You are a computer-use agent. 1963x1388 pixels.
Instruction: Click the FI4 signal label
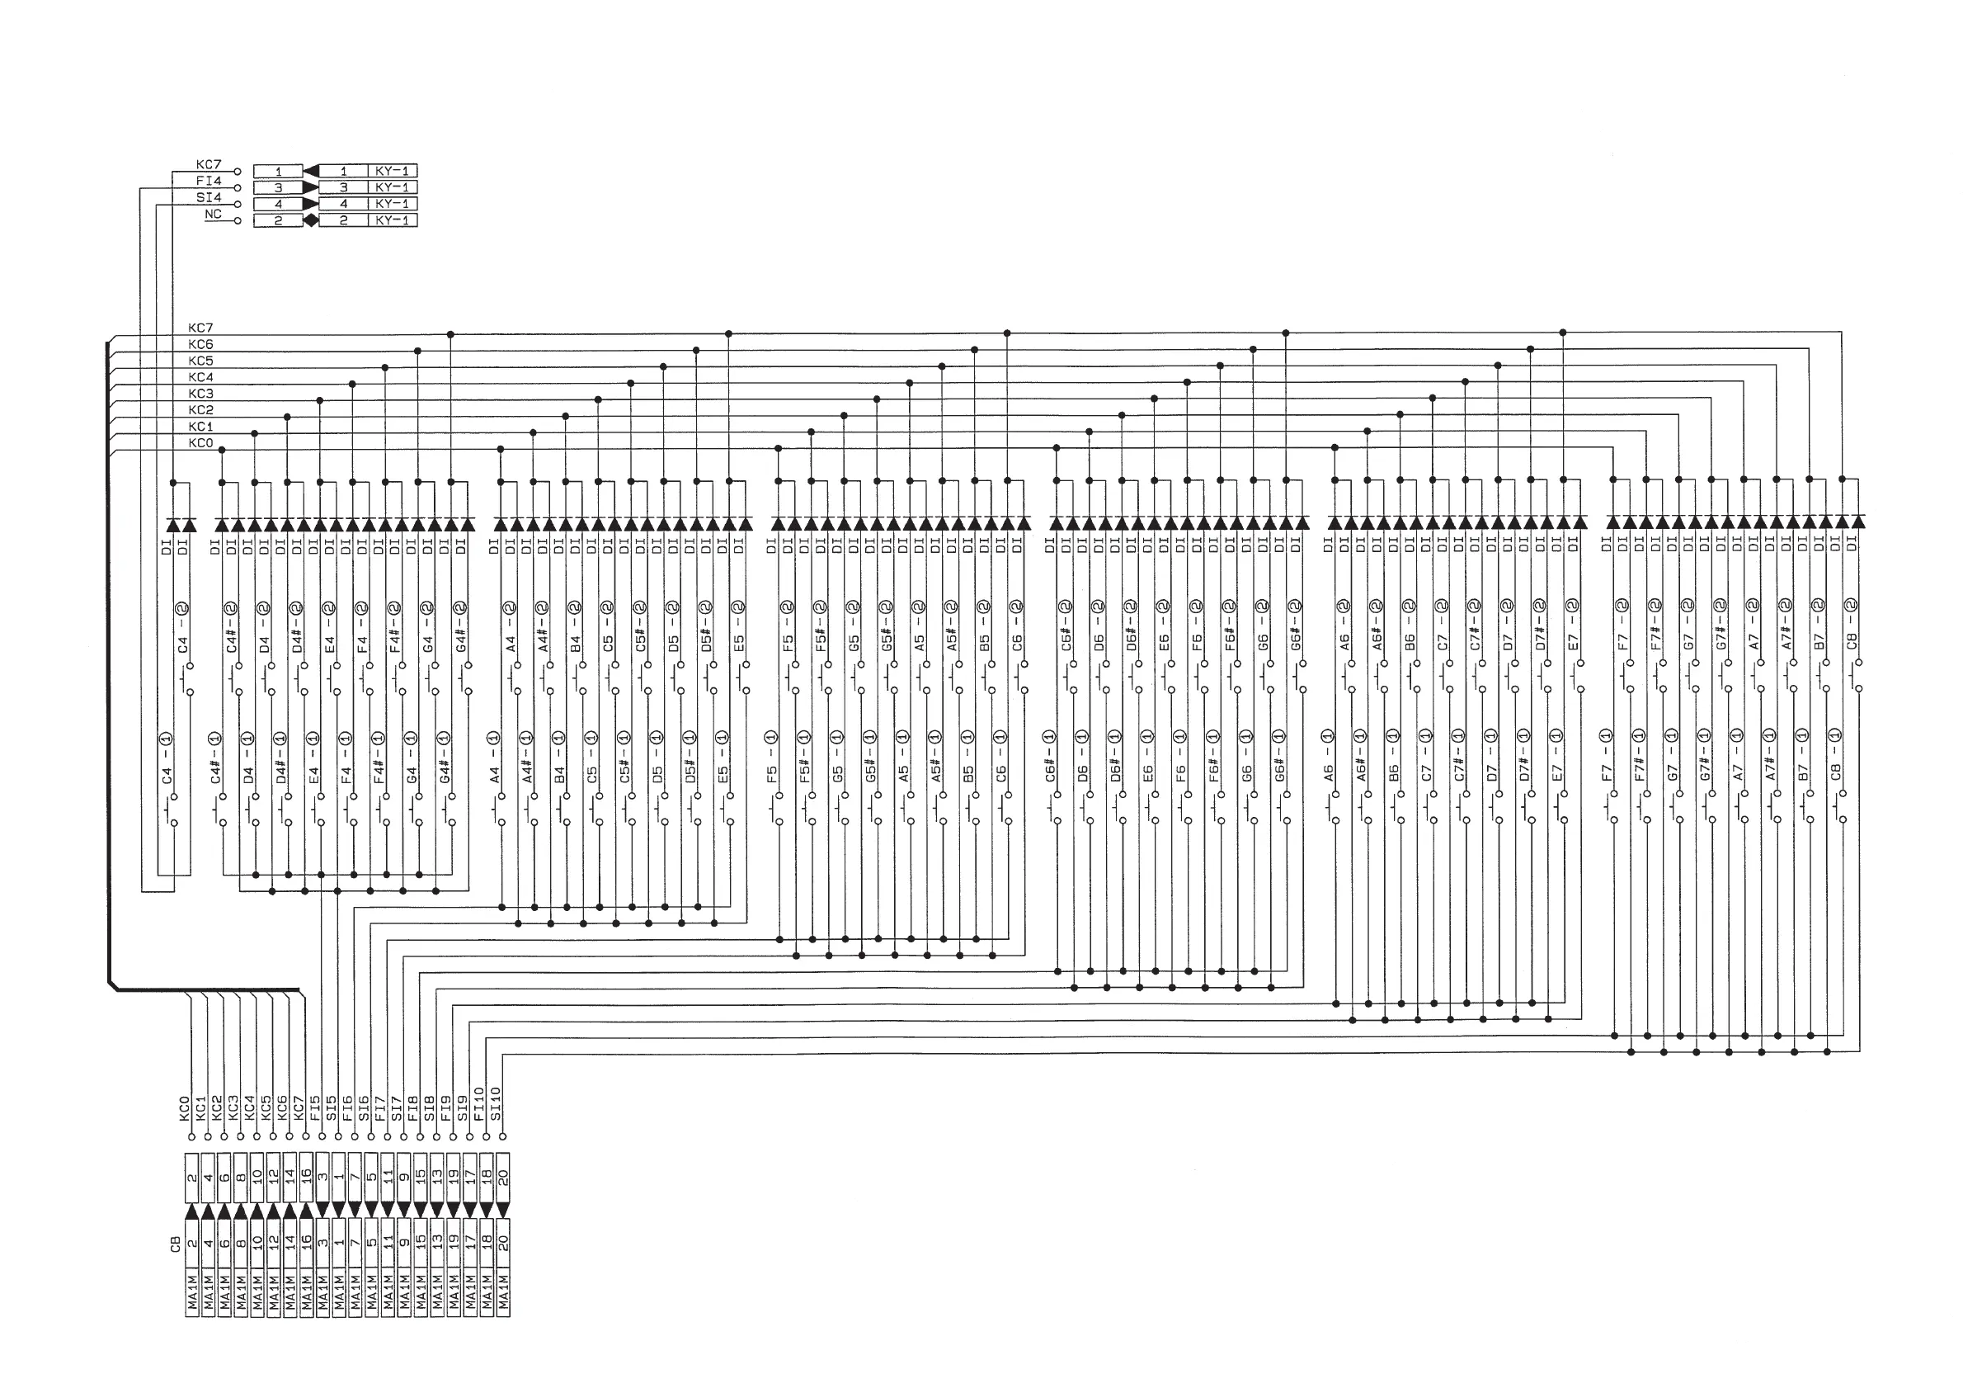pos(209,182)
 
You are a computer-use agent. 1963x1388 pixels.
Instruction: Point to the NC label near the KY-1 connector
pos(213,214)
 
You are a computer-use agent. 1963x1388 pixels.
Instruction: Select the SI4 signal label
pos(209,197)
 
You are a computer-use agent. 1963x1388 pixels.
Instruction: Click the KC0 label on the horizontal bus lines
pos(200,443)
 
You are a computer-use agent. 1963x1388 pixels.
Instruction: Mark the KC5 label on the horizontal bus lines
pos(200,361)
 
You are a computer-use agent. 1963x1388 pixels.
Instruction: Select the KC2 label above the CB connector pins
pos(217,1108)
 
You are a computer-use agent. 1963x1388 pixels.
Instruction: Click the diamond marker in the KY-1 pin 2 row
pos(311,220)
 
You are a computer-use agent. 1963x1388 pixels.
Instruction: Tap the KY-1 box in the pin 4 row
pos(393,204)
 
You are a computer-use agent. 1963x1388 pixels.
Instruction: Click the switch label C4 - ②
pos(182,628)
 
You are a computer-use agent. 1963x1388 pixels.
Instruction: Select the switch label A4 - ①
pos(494,758)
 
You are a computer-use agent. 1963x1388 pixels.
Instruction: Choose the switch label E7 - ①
pos(1557,756)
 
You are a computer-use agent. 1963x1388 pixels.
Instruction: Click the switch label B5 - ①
pos(967,758)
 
